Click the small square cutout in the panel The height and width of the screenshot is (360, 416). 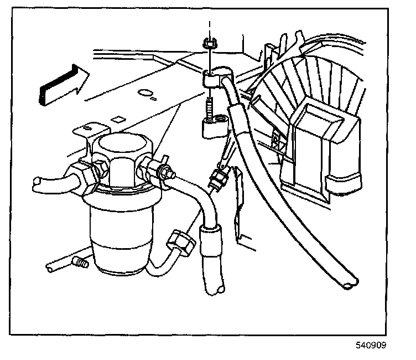pyautogui.click(x=117, y=119)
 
